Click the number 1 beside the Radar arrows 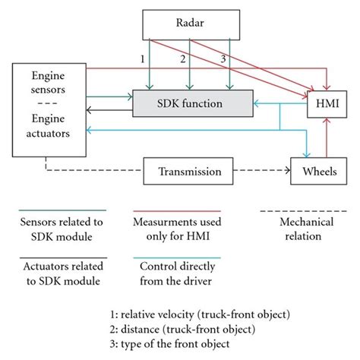click(141, 59)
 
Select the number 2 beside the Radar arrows click(182, 59)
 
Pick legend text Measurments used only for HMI click(175, 229)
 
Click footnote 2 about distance click(183, 327)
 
